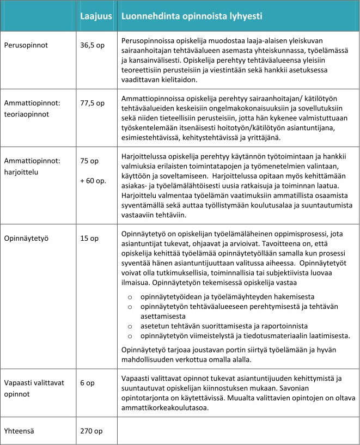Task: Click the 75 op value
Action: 89,160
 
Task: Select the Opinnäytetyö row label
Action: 27,239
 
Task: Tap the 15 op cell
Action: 89,239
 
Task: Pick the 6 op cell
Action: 87,383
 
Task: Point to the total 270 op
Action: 90,430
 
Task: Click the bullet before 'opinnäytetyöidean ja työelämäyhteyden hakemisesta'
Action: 130,297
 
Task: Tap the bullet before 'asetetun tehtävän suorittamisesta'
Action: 130,326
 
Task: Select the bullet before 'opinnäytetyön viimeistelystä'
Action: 130,336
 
